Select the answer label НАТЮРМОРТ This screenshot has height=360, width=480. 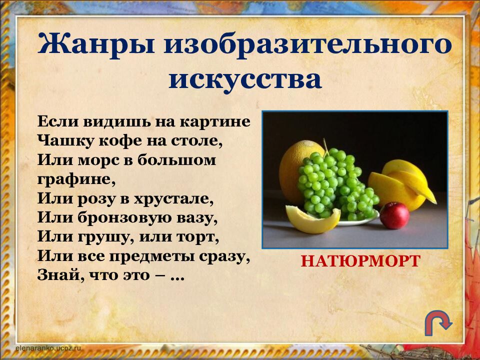coord(360,261)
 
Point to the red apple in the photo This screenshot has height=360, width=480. coord(394,215)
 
